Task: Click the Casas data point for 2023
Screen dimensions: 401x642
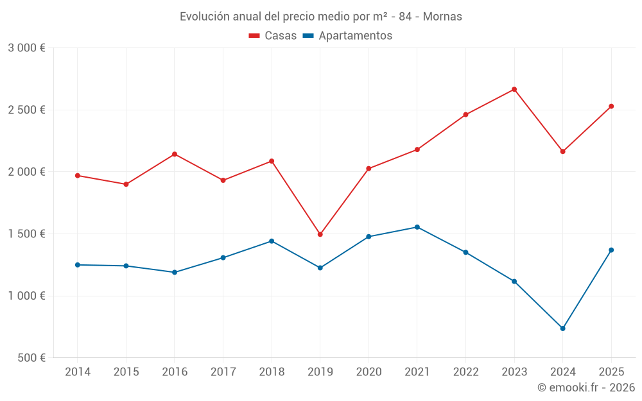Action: pyautogui.click(x=514, y=89)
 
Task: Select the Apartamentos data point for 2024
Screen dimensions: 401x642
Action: pyautogui.click(x=562, y=328)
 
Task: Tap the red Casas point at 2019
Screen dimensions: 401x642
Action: pyautogui.click(x=320, y=234)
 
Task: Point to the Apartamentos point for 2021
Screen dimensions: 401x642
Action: pyautogui.click(x=417, y=227)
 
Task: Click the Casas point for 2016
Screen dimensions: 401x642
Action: pyautogui.click(x=175, y=154)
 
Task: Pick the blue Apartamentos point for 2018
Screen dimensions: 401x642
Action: pyautogui.click(x=272, y=241)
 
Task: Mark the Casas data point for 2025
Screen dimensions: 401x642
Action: pyautogui.click(x=611, y=107)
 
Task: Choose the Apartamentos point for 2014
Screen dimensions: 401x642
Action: pyautogui.click(x=78, y=265)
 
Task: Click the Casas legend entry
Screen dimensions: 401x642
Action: pyautogui.click(x=273, y=36)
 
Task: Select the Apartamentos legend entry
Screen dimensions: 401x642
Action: pyautogui.click(x=347, y=36)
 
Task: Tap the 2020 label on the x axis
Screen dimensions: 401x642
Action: pyautogui.click(x=369, y=372)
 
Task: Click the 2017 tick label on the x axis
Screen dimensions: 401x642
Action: pyautogui.click(x=223, y=372)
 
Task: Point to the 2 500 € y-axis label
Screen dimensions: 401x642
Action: pyautogui.click(x=26, y=110)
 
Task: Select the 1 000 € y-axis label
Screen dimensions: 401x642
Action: pyautogui.click(x=26, y=296)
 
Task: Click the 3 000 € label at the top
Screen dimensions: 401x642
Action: pyautogui.click(x=26, y=48)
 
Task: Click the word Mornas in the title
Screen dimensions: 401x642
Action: pyautogui.click(x=443, y=17)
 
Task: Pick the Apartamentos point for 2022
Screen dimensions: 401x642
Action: pyautogui.click(x=465, y=252)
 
